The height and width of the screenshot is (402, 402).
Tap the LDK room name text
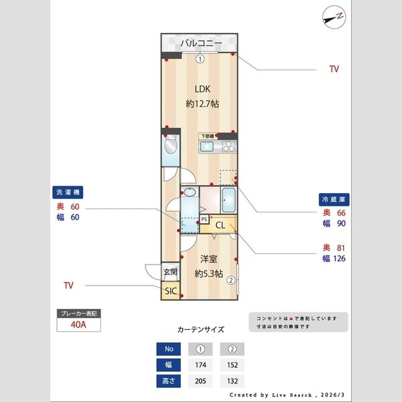point(202,88)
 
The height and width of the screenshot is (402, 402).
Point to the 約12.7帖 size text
point(202,105)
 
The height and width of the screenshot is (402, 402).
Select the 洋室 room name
point(208,259)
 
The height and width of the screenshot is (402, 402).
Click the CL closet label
point(220,225)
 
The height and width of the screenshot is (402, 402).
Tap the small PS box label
point(204,219)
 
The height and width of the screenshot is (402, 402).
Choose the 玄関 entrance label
point(170,273)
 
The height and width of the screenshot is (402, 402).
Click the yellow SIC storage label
point(170,291)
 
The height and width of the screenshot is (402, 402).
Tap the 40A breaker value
point(79,326)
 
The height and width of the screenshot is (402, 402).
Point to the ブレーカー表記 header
point(79,313)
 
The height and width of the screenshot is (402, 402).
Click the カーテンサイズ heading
point(200,330)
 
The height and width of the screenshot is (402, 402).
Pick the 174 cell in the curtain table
point(200,365)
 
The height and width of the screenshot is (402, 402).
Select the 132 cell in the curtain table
point(232,381)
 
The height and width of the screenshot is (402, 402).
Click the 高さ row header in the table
point(168,381)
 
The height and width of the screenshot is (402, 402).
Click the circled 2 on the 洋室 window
point(230,281)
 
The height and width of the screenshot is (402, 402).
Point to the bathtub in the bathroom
point(228,200)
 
